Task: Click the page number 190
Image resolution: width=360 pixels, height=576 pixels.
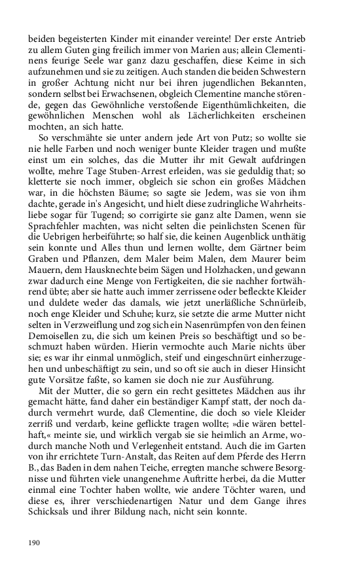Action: [35, 542]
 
